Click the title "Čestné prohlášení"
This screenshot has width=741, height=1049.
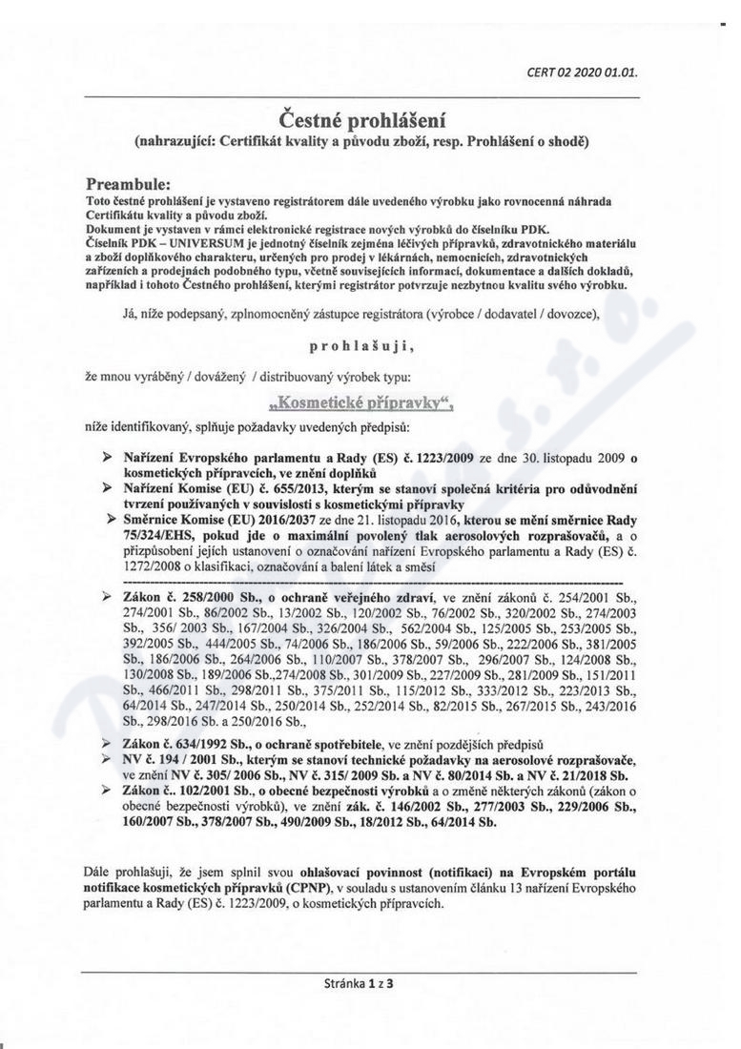point(361,120)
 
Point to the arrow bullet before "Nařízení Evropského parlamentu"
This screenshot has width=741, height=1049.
point(108,458)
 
